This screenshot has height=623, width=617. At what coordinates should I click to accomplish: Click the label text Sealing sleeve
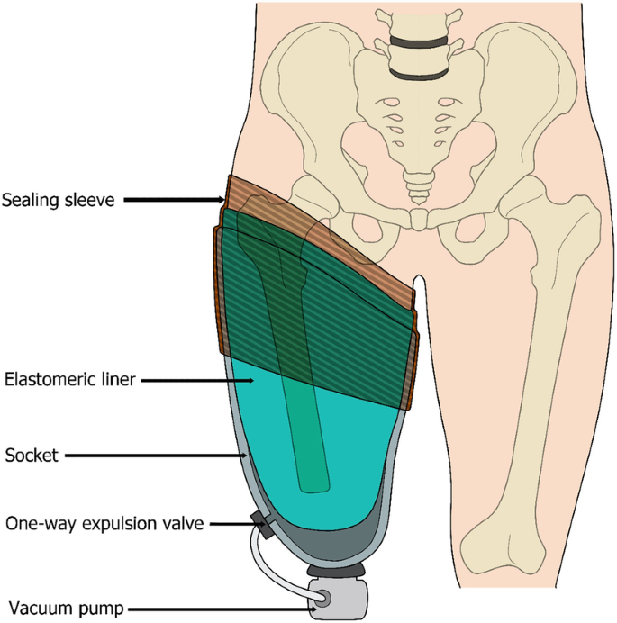[59, 200]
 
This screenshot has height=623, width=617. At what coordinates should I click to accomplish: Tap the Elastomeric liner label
[69, 380]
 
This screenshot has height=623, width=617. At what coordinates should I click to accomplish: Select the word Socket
[31, 456]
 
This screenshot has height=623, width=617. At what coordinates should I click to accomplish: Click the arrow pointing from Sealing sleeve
[175, 200]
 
